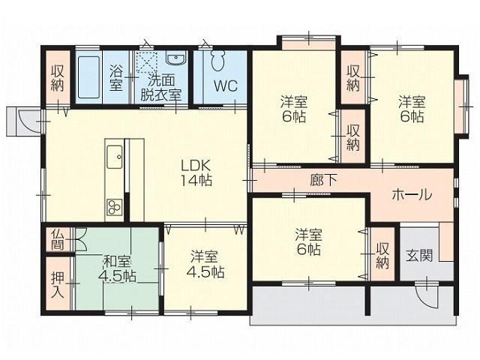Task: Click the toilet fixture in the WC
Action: [x=217, y=60]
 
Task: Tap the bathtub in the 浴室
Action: [x=88, y=77]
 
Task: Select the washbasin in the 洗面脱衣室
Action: [x=175, y=58]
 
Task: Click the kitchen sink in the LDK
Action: [x=115, y=157]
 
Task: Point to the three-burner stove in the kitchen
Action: [x=115, y=207]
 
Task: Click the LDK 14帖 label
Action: [x=196, y=173]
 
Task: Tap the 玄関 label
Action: [x=419, y=255]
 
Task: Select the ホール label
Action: [x=412, y=194]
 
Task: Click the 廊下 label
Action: [x=323, y=180]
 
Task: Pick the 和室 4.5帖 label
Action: [x=118, y=269]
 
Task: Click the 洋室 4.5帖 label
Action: [x=205, y=264]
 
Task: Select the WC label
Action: [x=226, y=86]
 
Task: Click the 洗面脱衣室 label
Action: [x=160, y=88]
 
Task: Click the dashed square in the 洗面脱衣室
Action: [x=147, y=62]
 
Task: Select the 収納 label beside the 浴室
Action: [x=58, y=78]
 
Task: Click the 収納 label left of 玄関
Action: [x=382, y=256]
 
